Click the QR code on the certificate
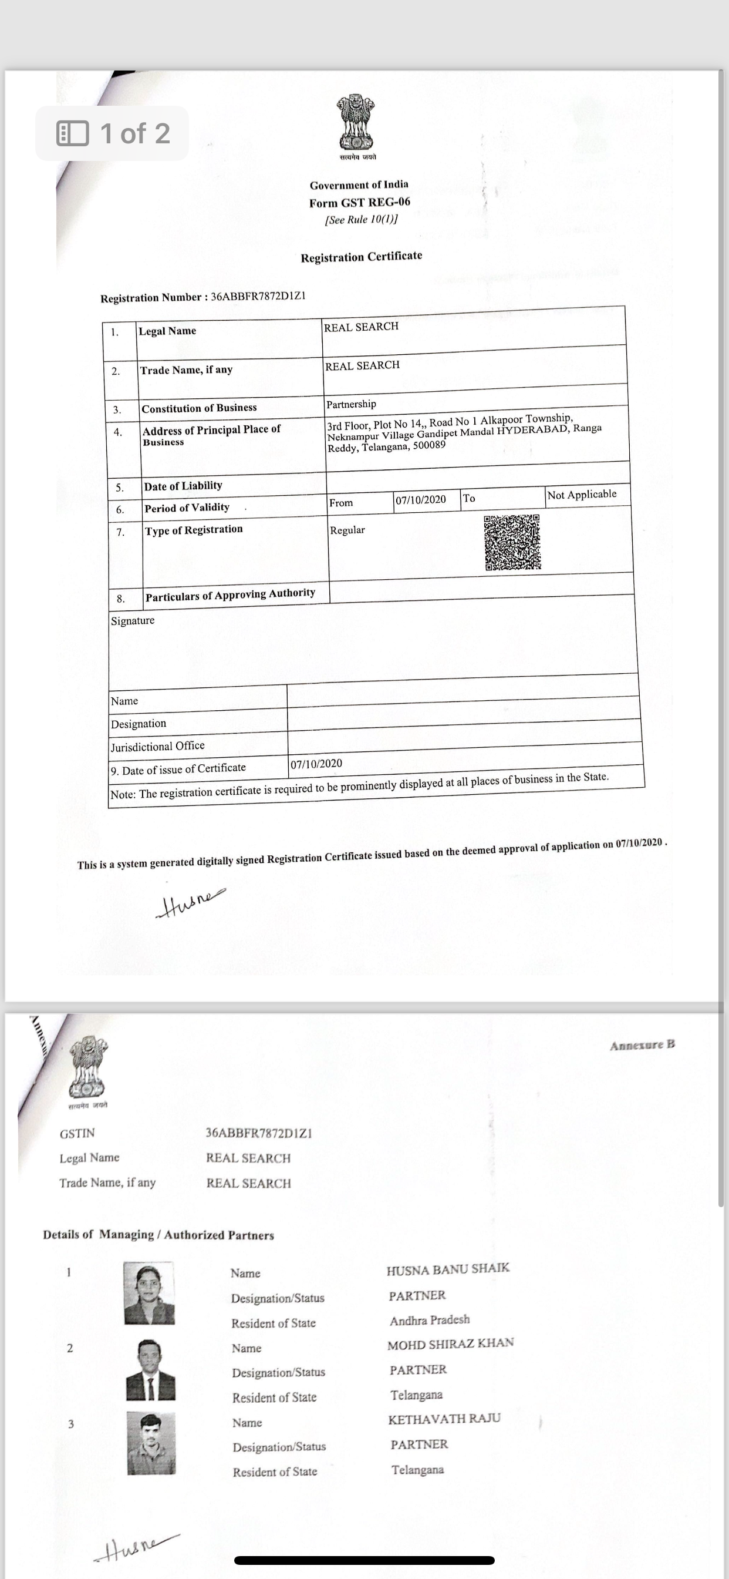513,542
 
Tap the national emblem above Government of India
355,123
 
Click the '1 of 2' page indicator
113,133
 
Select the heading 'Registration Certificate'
361,257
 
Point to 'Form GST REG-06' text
360,202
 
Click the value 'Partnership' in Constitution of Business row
351,404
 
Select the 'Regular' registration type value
347,530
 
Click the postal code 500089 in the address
429,446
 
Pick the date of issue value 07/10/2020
316,764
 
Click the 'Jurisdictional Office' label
157,746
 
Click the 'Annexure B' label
642,1045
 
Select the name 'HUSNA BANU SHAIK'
448,1269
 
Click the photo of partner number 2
151,1370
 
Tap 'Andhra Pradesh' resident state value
430,1320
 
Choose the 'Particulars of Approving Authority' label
230,594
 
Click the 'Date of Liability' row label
183,486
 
